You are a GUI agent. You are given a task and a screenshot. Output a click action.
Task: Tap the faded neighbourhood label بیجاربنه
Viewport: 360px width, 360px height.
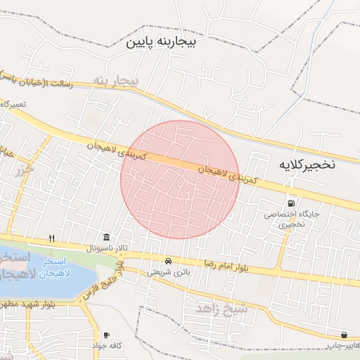click(x=117, y=82)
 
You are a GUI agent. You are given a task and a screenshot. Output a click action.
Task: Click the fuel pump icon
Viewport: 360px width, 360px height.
click(x=291, y=202)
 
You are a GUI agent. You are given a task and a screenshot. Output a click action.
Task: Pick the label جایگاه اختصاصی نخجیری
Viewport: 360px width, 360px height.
click(x=292, y=219)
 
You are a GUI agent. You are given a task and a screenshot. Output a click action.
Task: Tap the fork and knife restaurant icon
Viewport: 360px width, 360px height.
click(x=52, y=238)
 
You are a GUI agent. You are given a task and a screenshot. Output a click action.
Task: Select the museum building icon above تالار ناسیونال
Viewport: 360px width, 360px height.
click(x=106, y=236)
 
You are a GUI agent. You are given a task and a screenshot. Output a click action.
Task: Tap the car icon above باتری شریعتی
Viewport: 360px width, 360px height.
click(x=168, y=261)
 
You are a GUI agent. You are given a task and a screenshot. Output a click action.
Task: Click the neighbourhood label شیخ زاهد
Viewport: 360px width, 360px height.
click(x=220, y=309)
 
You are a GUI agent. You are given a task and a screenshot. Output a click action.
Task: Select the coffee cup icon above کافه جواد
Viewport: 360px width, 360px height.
click(x=106, y=335)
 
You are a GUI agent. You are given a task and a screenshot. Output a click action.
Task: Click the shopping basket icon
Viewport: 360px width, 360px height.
click(x=345, y=335)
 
